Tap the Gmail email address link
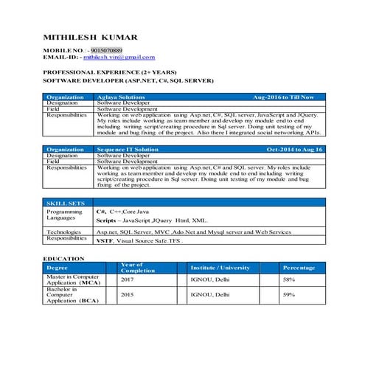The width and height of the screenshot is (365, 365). pyautogui.click(x=119, y=57)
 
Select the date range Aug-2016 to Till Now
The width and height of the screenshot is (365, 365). pyautogui.click(x=283, y=97)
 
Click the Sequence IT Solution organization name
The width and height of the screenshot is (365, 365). pyautogui.click(x=128, y=150)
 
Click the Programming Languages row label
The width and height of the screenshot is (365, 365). pyautogui.click(x=61, y=215)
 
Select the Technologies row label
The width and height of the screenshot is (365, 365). pyautogui.click(x=64, y=232)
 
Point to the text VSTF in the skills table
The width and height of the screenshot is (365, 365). pyautogui.click(x=105, y=241)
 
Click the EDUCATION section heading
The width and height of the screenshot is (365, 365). pyautogui.click(x=63, y=258)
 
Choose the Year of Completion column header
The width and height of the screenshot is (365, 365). pyautogui.click(x=137, y=267)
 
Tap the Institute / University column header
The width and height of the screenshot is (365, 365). pyautogui.click(x=220, y=268)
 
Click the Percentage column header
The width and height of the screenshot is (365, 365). pyautogui.click(x=299, y=268)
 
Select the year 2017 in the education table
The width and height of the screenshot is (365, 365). pyautogui.click(x=127, y=280)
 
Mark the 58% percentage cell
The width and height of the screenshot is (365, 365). pyautogui.click(x=289, y=280)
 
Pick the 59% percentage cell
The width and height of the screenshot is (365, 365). pyautogui.click(x=289, y=295)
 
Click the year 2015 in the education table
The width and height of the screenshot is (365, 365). pyautogui.click(x=127, y=295)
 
